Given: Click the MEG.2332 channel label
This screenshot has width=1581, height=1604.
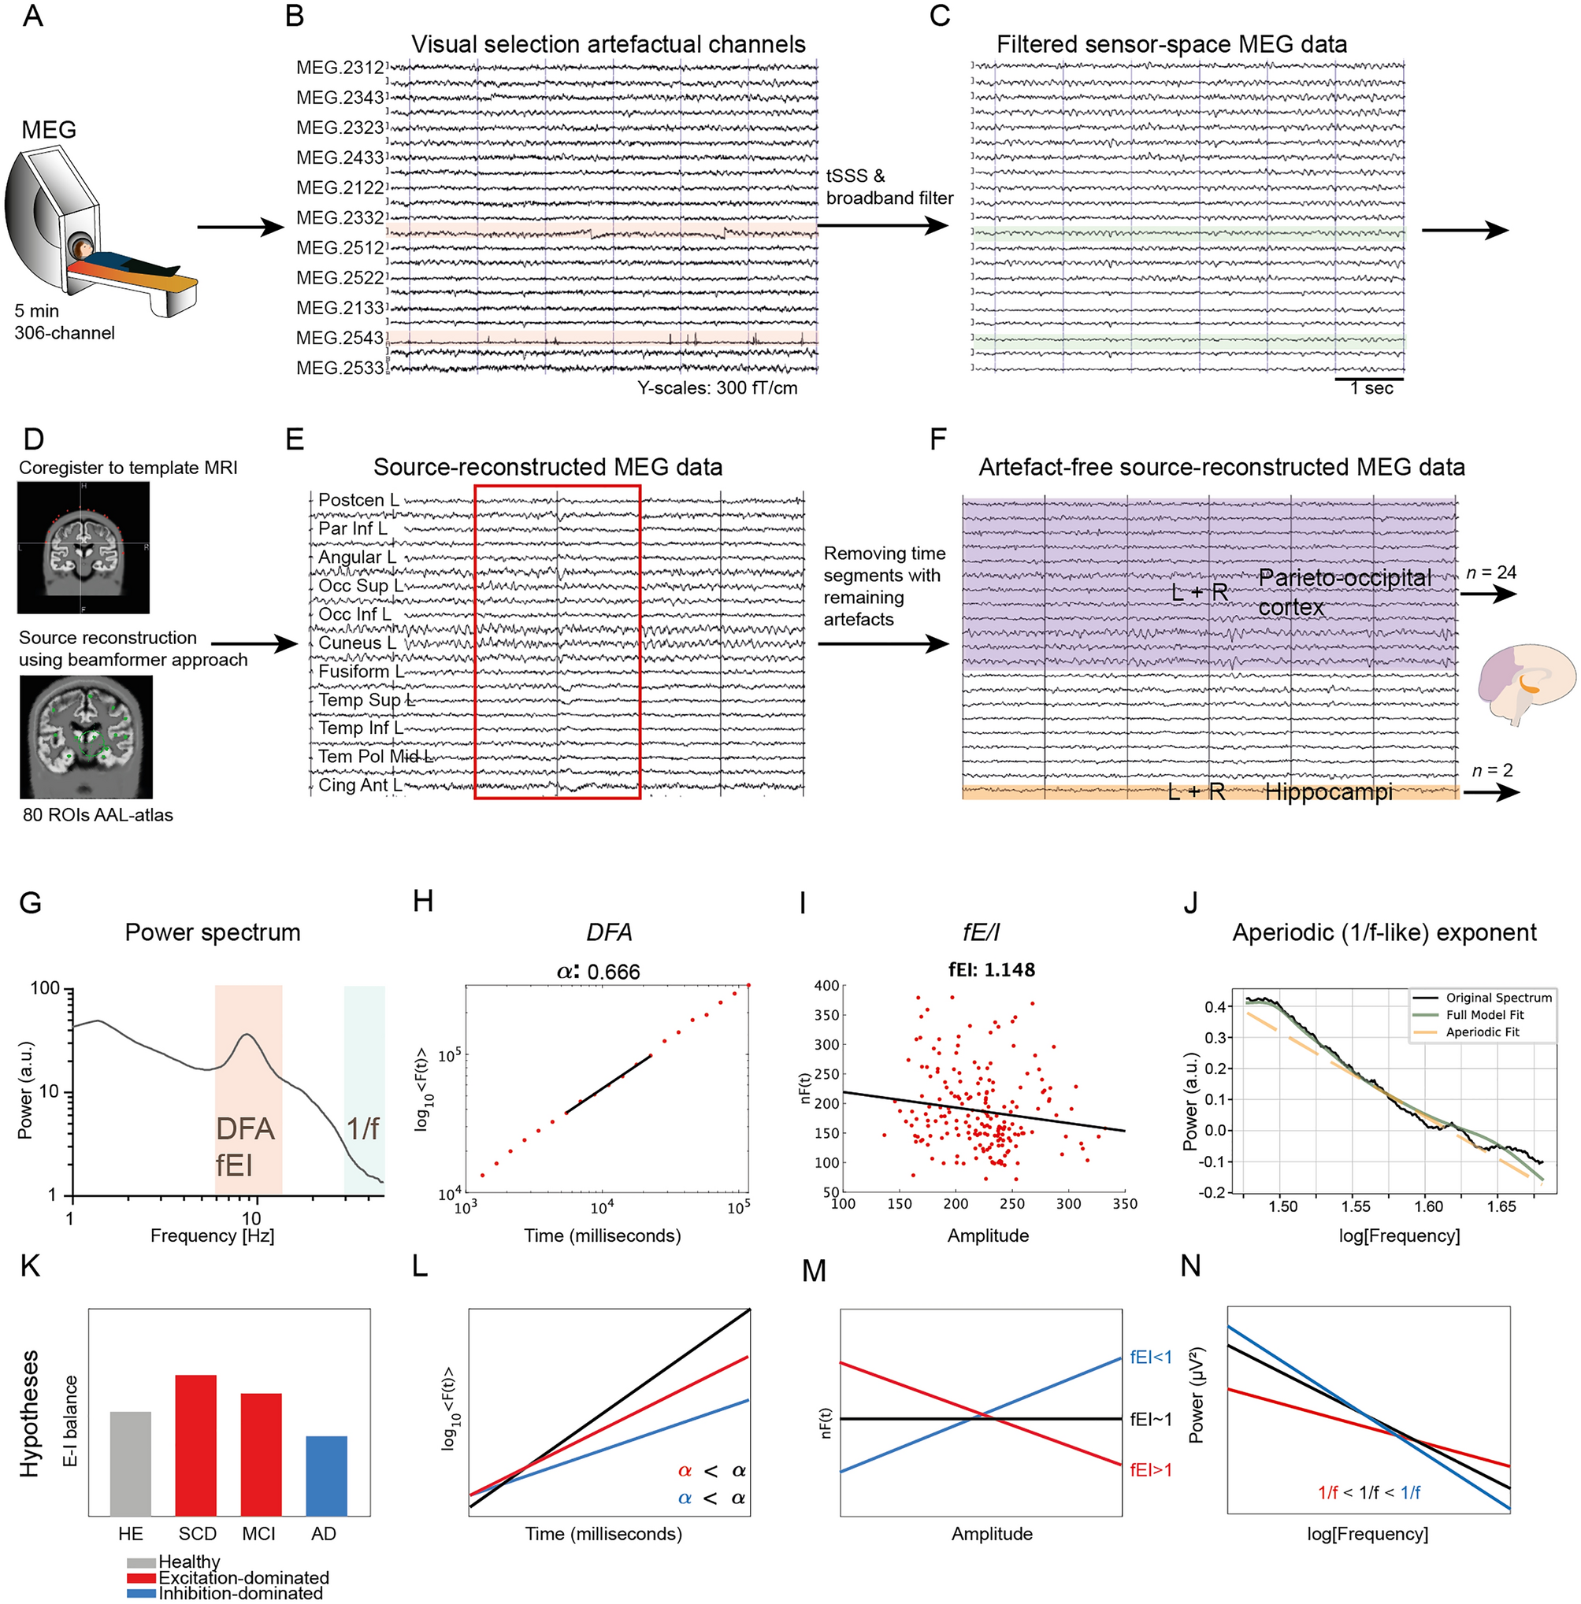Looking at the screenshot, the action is tap(340, 217).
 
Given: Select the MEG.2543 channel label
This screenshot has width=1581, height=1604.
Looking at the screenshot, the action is tap(340, 338).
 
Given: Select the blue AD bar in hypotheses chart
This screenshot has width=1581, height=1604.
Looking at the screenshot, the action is tap(326, 1476).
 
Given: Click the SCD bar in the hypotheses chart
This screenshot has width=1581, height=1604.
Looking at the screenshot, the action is tap(196, 1446).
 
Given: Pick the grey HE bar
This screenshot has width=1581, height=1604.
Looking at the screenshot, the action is tap(130, 1464).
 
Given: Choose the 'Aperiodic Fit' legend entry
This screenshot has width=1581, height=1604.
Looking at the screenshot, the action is tap(1483, 1032).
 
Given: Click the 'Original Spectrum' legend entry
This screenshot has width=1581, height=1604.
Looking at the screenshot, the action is tap(1483, 997).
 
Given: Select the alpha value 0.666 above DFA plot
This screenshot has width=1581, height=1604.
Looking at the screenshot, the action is tap(613, 972).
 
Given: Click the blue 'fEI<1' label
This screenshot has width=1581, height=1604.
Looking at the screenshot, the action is tap(1151, 1358).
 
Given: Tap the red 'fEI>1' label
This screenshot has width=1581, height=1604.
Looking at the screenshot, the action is tap(1151, 1469).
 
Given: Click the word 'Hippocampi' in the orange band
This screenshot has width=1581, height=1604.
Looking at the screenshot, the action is tap(1329, 792).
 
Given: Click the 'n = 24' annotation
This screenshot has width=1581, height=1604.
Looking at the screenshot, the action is tap(1491, 572).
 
